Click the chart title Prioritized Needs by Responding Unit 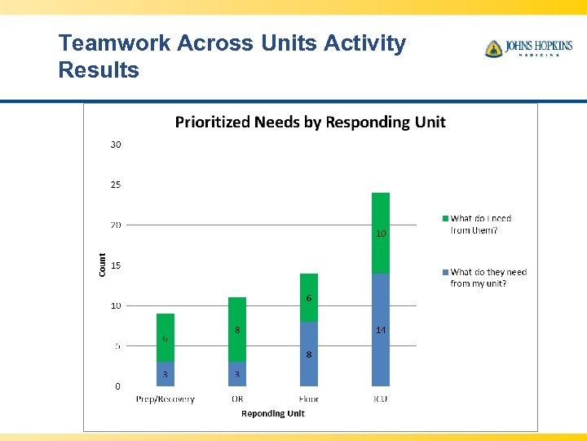[311, 122]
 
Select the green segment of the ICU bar [381, 233]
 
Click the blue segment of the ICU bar [381, 329]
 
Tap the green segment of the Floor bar [309, 297]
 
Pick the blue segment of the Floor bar [309, 354]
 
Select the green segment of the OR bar [237, 329]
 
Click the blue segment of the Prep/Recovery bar [166, 374]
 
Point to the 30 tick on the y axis [116, 145]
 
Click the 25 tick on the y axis [116, 185]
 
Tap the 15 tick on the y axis [116, 265]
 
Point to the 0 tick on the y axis [117, 385]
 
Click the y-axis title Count [103, 264]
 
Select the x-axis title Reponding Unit [272, 414]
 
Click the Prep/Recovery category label [166, 399]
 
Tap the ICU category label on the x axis [381, 399]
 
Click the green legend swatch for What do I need [445, 219]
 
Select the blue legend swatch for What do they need [445, 272]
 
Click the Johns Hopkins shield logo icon [493, 49]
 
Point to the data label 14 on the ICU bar [381, 330]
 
